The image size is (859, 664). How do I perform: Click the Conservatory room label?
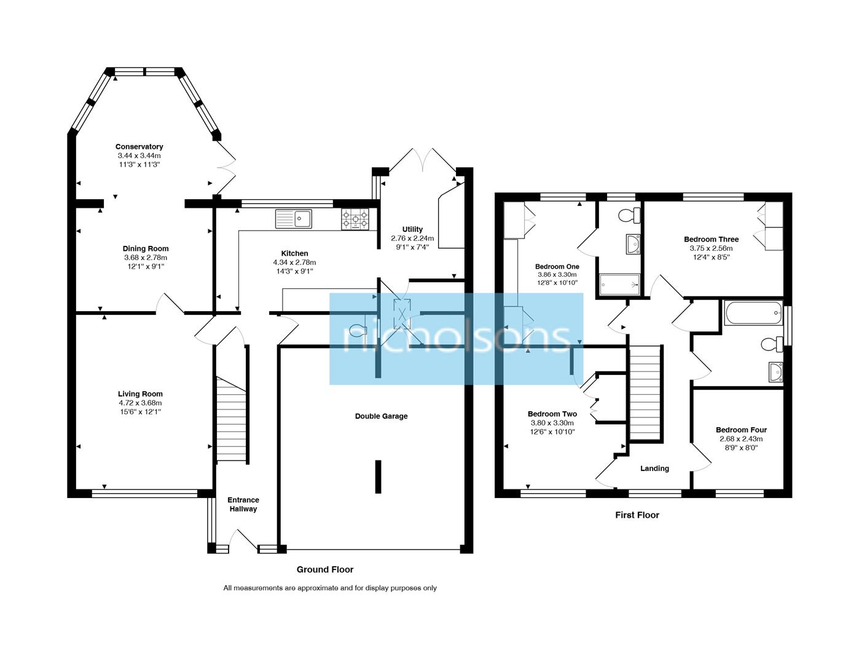[x=139, y=146]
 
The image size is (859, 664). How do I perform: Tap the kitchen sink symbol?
[x=294, y=218]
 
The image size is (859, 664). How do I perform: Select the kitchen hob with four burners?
[x=355, y=219]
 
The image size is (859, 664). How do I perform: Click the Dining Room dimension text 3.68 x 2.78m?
[x=145, y=258]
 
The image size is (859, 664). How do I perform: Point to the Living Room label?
[x=140, y=394]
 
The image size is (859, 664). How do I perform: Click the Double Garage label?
[x=381, y=416]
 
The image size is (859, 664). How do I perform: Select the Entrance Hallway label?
[x=243, y=504]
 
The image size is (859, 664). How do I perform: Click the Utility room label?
[x=412, y=229]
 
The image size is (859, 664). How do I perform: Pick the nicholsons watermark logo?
[x=456, y=339]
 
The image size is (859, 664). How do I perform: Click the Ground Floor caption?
[x=325, y=569]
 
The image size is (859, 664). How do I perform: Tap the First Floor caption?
[x=637, y=515]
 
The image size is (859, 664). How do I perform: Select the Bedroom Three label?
[x=711, y=239]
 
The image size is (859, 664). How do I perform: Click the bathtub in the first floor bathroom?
[x=753, y=313]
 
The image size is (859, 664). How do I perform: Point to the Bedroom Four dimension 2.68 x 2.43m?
[x=741, y=439]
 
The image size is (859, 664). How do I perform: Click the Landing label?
[x=654, y=468]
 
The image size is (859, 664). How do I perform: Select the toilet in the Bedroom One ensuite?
[x=630, y=215]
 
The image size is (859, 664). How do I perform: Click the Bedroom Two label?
[x=552, y=414]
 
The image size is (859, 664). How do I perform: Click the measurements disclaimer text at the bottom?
[x=330, y=588]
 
